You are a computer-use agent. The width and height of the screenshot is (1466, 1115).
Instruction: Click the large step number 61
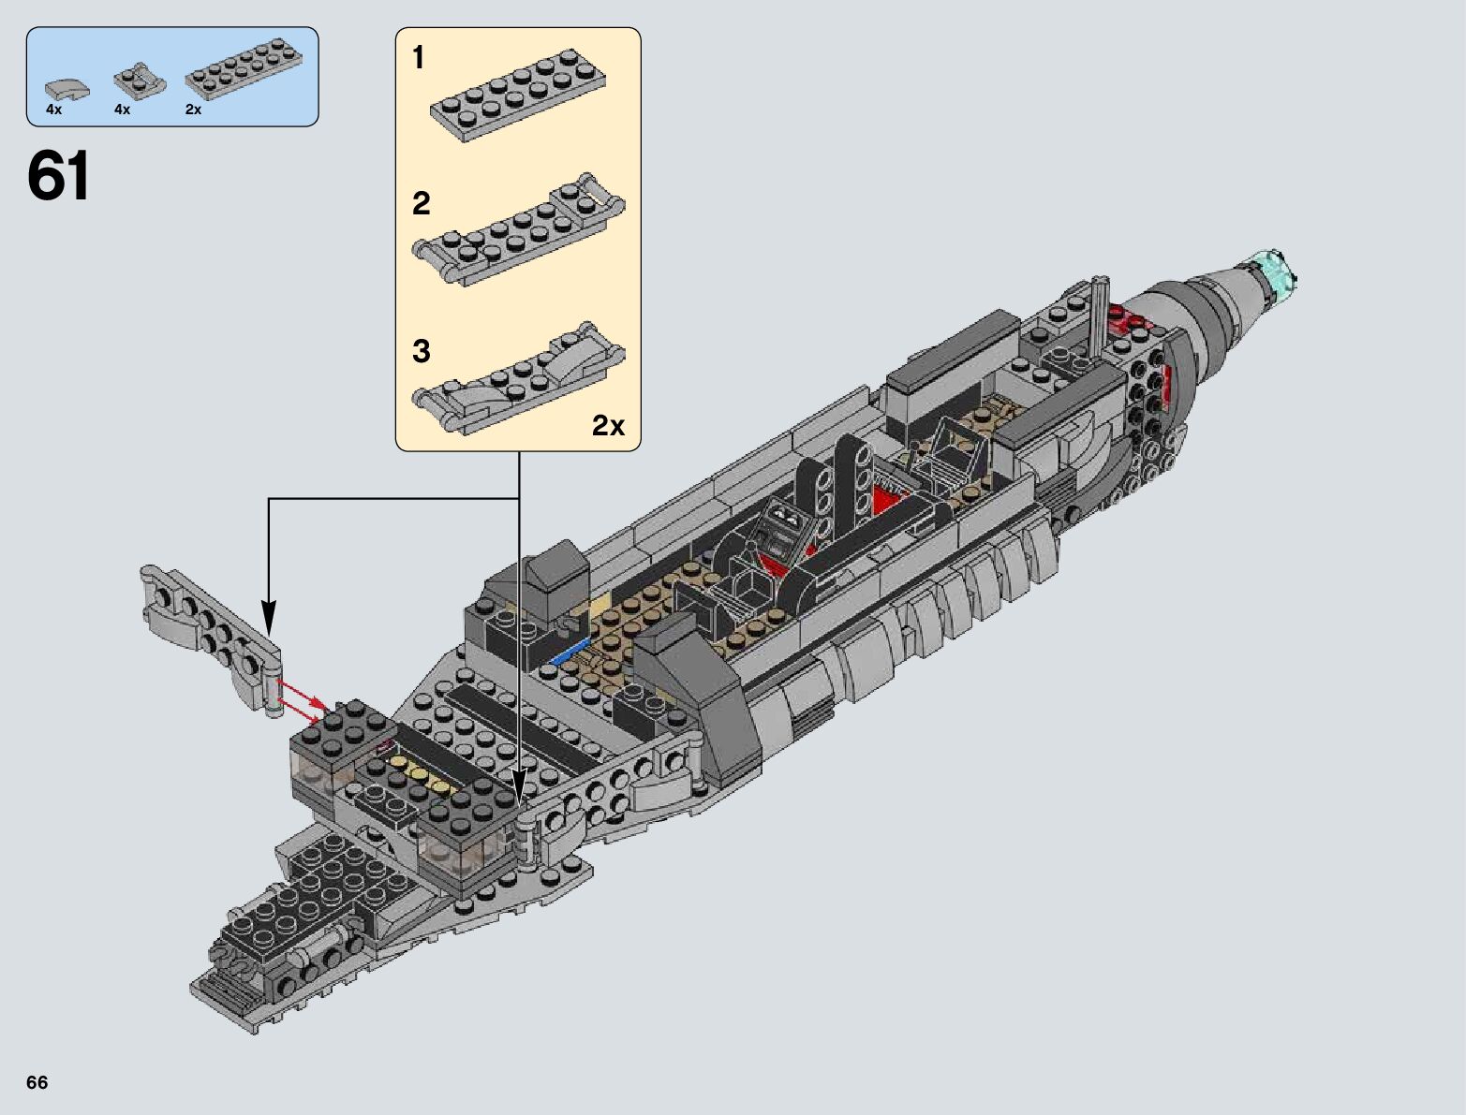[x=59, y=176]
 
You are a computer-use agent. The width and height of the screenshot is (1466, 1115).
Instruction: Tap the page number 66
[x=37, y=1082]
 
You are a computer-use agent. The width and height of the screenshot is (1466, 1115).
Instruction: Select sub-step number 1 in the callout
[x=419, y=58]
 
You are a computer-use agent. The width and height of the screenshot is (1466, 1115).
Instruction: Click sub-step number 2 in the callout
[x=421, y=203]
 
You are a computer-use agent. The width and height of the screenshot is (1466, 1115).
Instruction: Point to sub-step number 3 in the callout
[x=421, y=351]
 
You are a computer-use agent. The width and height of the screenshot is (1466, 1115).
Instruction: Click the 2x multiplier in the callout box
[x=608, y=426]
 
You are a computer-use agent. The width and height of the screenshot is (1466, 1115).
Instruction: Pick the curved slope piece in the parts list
[x=67, y=89]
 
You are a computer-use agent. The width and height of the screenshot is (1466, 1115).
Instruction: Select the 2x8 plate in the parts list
[x=244, y=70]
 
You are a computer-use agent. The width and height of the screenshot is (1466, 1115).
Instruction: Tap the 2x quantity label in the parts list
[x=193, y=110]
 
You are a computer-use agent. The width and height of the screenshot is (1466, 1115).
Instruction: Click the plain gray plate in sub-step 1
[x=518, y=94]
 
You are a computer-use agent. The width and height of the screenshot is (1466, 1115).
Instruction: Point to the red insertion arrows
[x=304, y=699]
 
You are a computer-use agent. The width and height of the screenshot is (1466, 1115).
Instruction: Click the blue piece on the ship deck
[x=570, y=651]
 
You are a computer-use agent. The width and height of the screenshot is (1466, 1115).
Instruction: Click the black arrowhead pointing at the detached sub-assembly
[x=269, y=618]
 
